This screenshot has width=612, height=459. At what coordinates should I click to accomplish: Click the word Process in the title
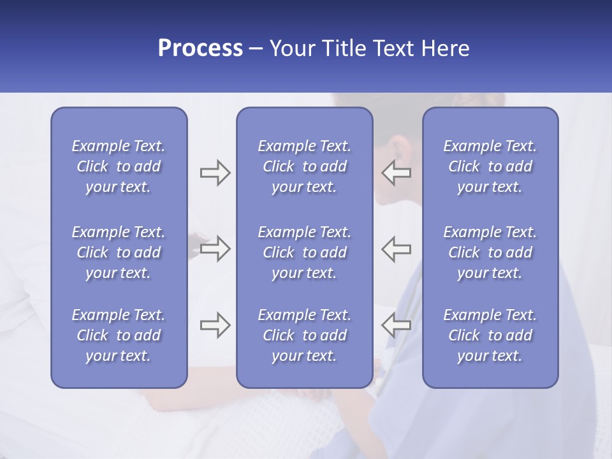[x=200, y=48]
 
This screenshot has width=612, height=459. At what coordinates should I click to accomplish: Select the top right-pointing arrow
[x=215, y=173]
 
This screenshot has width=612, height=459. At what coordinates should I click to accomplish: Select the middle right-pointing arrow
[x=215, y=249]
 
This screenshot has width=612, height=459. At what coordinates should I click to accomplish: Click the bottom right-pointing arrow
[x=215, y=325]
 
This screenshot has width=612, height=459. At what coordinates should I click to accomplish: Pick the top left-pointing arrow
[x=396, y=173]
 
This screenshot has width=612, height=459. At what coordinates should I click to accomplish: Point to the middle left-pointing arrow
[x=396, y=249]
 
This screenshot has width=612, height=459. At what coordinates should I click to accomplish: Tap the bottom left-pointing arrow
[x=396, y=325]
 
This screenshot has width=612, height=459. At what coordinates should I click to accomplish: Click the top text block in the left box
[x=119, y=166]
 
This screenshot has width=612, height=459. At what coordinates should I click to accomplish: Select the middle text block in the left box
[x=119, y=252]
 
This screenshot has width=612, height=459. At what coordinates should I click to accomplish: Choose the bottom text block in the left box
[x=119, y=335]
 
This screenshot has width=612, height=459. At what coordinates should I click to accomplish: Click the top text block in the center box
[x=304, y=166]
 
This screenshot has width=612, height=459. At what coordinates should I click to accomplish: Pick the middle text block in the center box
[x=304, y=252]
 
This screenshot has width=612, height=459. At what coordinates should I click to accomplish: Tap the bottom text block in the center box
[x=304, y=335]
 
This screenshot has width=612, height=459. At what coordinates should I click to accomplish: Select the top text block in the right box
[x=490, y=166]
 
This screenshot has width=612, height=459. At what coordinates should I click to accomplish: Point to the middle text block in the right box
[x=490, y=252]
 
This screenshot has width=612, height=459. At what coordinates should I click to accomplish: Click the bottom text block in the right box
[x=490, y=335]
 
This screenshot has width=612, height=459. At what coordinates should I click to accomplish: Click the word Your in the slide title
[x=291, y=48]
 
